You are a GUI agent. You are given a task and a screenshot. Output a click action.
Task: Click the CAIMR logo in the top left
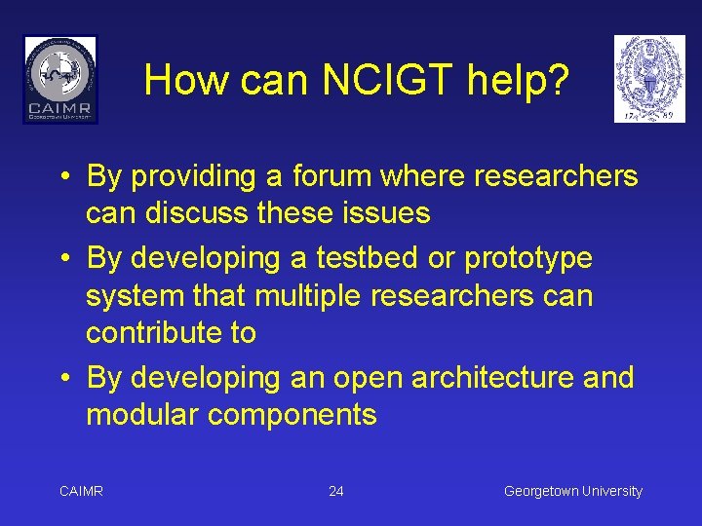[60, 79]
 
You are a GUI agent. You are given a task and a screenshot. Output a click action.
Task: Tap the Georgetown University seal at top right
[648, 79]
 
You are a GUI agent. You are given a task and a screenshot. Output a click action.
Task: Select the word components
[292, 416]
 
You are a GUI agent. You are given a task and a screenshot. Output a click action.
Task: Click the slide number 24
[336, 491]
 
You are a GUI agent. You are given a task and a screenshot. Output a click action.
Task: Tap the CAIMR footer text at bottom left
[82, 491]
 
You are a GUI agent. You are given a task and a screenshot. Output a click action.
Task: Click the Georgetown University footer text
[573, 491]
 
